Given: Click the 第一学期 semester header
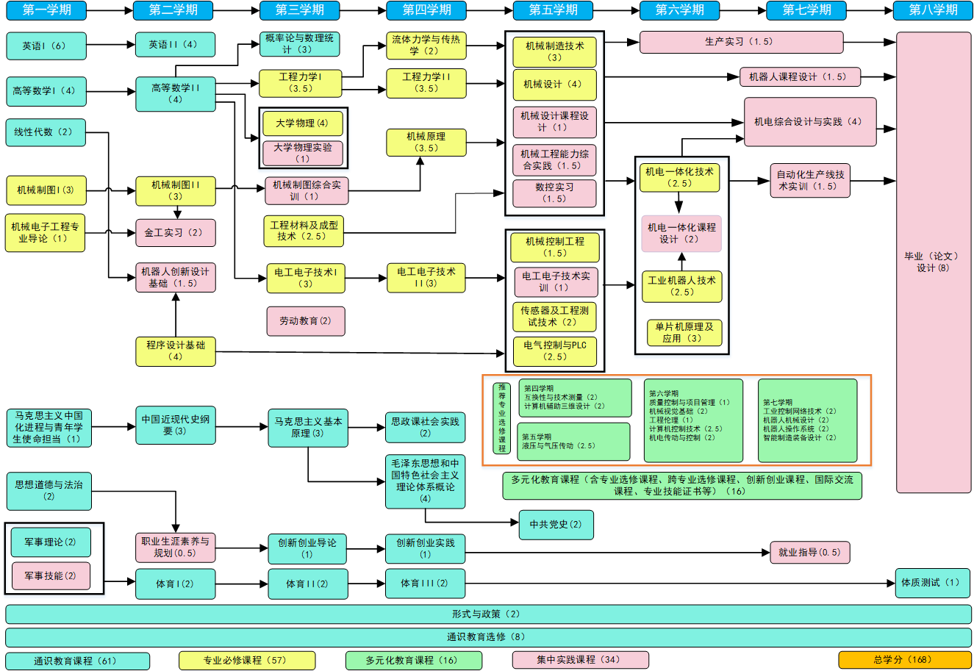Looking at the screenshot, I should coord(49,10).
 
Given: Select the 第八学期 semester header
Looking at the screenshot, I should coord(933,10).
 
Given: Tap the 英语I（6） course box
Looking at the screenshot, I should coord(46,46).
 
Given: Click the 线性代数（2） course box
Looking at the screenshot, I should coord(46,132).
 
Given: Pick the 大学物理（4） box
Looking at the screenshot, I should coord(302,123).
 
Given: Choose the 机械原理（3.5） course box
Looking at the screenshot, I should coord(426,143).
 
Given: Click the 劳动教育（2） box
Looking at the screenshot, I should coord(305,321).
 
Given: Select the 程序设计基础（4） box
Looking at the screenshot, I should coord(176,351).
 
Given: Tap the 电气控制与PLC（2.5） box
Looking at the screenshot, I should coord(555,351).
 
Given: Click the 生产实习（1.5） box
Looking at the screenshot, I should coord(741,42).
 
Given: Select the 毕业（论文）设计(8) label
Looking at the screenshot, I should coord(933,262).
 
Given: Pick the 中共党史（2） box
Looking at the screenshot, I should coord(556,525).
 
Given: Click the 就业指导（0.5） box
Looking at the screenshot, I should coord(809,553).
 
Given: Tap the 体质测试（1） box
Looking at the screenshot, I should coord(931,583).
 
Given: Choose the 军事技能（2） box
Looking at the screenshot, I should coord(50,575).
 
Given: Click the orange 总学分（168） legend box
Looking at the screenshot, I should coord(904,660).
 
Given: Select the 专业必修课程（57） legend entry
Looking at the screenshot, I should coord(247,660).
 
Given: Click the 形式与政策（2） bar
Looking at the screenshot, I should coord(487,614).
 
